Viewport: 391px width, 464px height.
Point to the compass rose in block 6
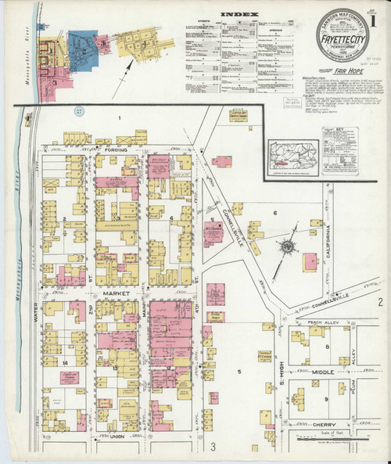tap(288, 248)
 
